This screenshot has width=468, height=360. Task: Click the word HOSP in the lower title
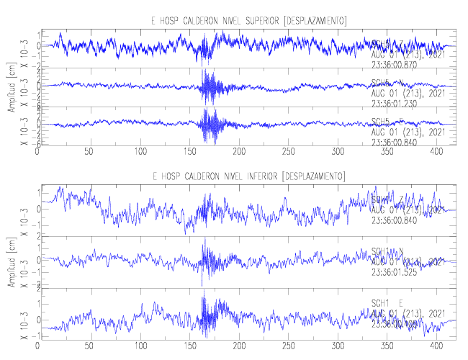coord(171,176)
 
